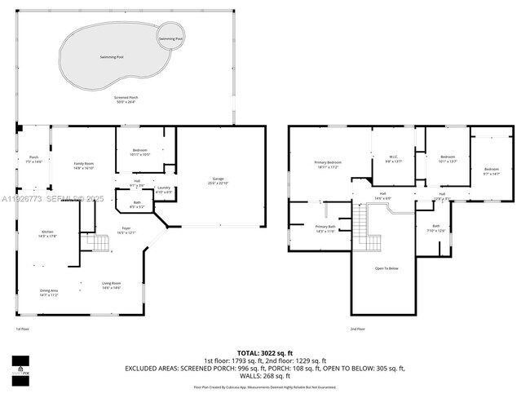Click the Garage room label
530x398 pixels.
click(218, 180)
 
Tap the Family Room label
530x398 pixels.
click(84, 166)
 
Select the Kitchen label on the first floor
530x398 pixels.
click(47, 234)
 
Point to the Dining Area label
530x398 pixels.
click(49, 292)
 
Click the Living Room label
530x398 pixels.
click(111, 285)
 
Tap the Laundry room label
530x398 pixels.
click(163, 190)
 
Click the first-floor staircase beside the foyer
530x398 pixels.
click(98, 242)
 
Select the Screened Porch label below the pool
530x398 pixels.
click(125, 99)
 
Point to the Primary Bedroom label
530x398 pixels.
click(328, 165)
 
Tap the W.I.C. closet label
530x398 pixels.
click(393, 159)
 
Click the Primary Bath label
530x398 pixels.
click(325, 229)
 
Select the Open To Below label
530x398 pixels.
click(386, 268)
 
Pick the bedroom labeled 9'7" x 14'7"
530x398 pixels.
click(491, 171)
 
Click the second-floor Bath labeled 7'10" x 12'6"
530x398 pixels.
click(436, 228)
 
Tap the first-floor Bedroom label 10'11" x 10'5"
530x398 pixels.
click(140, 152)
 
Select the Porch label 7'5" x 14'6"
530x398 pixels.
click(33, 159)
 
